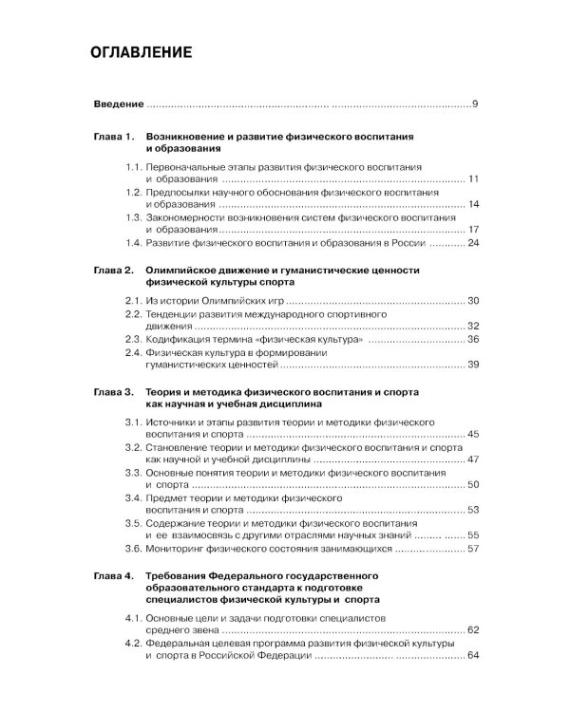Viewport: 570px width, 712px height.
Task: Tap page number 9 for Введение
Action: (x=474, y=103)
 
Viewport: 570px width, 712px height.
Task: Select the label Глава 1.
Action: (x=114, y=137)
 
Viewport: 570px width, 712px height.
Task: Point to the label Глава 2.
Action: (x=114, y=271)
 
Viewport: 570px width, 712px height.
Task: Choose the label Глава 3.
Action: (x=114, y=391)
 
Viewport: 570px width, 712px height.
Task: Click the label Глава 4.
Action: (x=114, y=575)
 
